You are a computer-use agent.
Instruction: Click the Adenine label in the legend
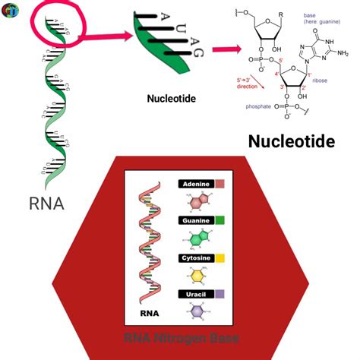[x=196, y=184]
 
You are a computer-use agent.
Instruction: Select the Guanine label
[x=196, y=220]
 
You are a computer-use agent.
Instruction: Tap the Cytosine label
[x=196, y=257]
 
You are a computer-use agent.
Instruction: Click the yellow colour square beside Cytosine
[x=219, y=257]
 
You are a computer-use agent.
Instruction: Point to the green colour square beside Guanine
[x=219, y=220]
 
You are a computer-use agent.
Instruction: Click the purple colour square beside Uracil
[x=219, y=293]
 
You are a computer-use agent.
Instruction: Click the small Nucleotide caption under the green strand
[x=172, y=98]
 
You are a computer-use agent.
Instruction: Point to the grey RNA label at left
[x=46, y=203]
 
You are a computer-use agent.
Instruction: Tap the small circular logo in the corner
[x=9, y=9]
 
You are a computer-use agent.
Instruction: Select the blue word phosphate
[x=259, y=106]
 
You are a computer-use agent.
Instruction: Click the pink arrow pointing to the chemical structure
[x=223, y=50]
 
